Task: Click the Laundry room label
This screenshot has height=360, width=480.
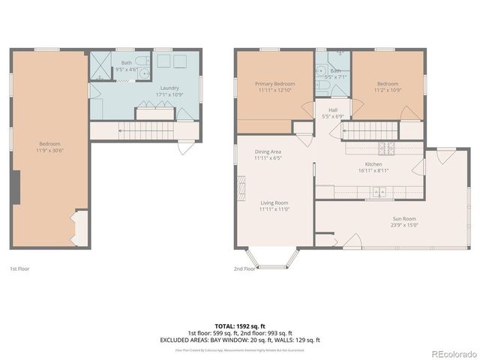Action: tap(169, 88)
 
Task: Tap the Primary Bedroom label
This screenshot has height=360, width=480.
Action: tap(274, 83)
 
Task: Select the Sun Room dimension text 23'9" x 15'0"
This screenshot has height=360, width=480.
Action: tap(404, 225)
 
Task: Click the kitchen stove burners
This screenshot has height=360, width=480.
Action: tap(387, 147)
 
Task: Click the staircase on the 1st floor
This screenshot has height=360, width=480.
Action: tap(139, 131)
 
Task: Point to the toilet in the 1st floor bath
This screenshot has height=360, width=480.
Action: tap(143, 73)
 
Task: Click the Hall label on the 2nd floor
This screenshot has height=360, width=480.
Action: tap(332, 110)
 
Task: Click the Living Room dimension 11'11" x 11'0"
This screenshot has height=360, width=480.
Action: tap(274, 209)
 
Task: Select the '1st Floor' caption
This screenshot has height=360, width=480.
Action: tap(19, 268)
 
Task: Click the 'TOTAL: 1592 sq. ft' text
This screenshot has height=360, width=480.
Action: tap(239, 325)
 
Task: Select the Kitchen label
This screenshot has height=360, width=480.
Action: tap(373, 164)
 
